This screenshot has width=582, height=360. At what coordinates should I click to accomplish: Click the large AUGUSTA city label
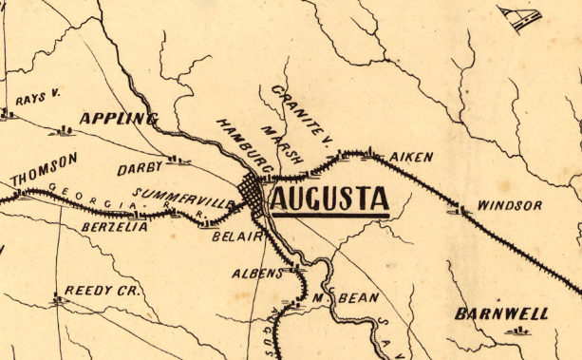tap(329, 199)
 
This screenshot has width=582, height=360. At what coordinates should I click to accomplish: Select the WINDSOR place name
tap(510, 205)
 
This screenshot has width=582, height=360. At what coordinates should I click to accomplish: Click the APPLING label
tap(117, 119)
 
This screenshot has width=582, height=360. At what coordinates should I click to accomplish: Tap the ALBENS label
tap(257, 274)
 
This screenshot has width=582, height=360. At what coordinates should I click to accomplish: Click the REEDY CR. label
tap(102, 291)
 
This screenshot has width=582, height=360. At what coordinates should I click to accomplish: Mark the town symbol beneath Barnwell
tap(517, 332)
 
